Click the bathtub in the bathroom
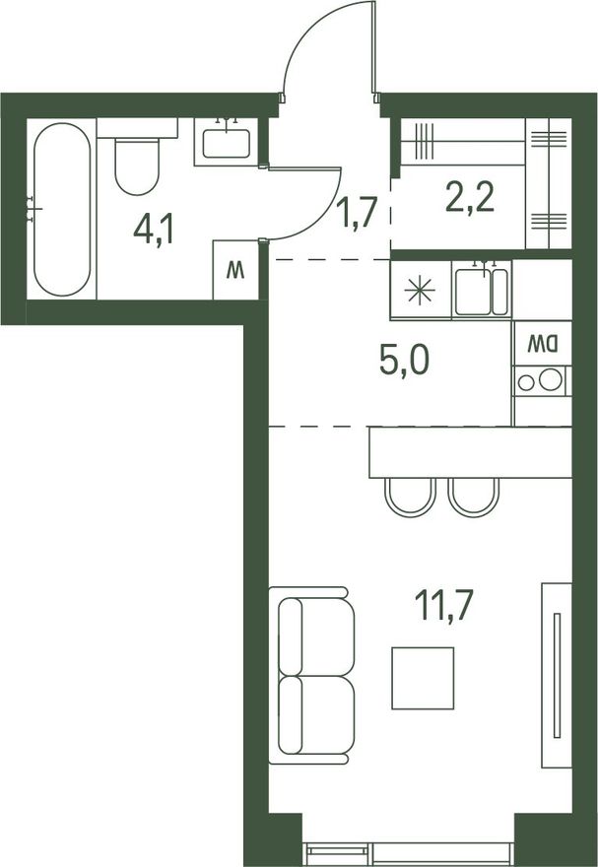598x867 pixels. tap(61, 209)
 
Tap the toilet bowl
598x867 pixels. tap(137, 166)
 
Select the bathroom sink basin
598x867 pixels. tap(226, 143)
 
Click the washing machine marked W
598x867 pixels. tap(236, 270)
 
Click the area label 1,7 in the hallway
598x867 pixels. tap(360, 213)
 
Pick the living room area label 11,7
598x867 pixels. tap(444, 605)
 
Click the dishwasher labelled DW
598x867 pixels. tap(542, 344)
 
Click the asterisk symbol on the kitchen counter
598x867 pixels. tap(420, 290)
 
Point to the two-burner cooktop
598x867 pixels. tap(542, 380)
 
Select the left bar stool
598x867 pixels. tap(410, 498)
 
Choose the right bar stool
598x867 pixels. tap(474, 498)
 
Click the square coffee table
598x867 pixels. tap(423, 678)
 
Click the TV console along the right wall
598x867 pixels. tap(557, 675)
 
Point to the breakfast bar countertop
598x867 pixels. tap(470, 452)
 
